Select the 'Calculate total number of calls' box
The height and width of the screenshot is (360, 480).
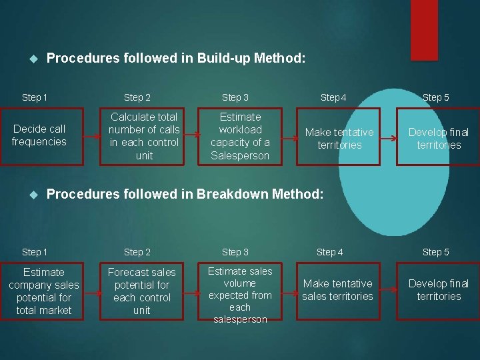[144, 136]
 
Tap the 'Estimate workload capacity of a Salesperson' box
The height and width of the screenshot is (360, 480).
[240, 136]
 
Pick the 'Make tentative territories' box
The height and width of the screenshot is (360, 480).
[339, 138]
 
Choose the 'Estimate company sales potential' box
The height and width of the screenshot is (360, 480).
[43, 291]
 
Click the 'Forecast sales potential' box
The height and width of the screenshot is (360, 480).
[142, 291]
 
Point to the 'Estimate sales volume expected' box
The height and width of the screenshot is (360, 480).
[239, 294]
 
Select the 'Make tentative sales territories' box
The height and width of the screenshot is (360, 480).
[337, 290]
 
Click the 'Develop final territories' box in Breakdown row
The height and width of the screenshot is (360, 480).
[439, 290]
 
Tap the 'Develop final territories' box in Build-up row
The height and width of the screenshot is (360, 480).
[439, 138]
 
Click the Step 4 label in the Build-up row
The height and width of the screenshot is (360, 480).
[333, 97]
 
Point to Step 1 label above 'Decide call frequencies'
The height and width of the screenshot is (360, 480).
[35, 97]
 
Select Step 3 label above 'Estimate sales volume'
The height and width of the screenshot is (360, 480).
[235, 252]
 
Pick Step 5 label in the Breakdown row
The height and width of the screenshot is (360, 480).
[436, 252]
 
